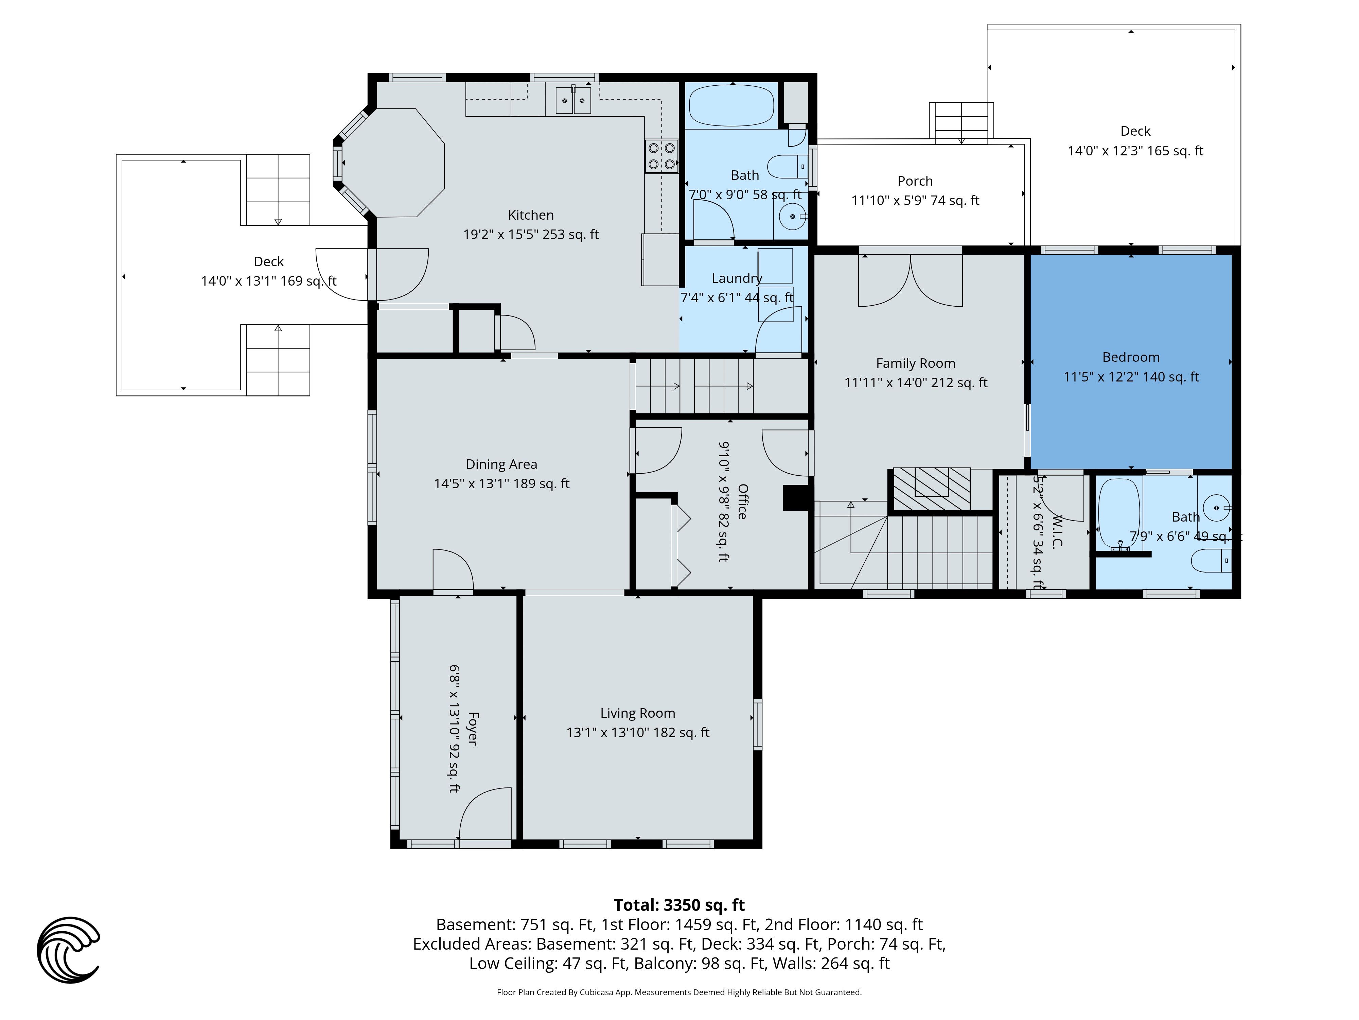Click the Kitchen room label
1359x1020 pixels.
[x=531, y=215]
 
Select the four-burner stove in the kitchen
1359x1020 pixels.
[x=661, y=156]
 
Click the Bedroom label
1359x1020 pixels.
[x=1131, y=357]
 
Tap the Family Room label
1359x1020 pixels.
[x=915, y=363]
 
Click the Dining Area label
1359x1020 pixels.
[x=501, y=464]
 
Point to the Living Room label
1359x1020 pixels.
[x=638, y=713]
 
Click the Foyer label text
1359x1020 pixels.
[x=473, y=729]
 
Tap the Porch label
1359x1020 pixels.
[x=915, y=181]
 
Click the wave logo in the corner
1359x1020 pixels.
[x=68, y=950]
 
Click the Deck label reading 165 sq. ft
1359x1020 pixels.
[x=1135, y=131]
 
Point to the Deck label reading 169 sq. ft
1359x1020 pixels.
[x=268, y=261]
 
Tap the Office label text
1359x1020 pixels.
[x=742, y=502]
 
